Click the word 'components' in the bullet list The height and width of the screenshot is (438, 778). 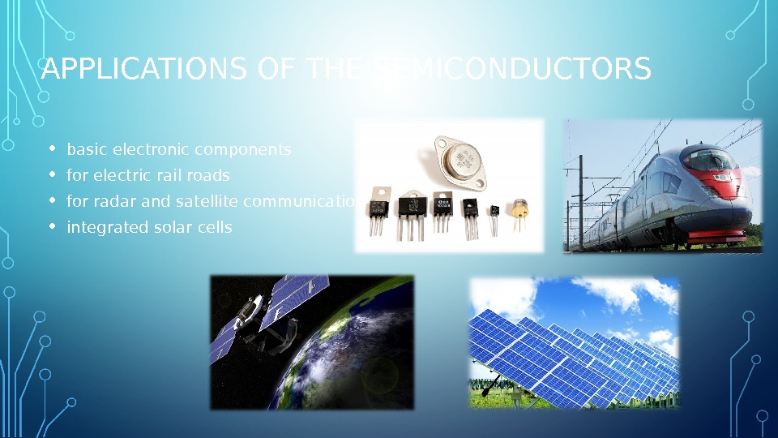tap(242, 150)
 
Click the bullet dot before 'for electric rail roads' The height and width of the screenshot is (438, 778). tap(52, 175)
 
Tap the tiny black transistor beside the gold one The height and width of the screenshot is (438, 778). tap(494, 215)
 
